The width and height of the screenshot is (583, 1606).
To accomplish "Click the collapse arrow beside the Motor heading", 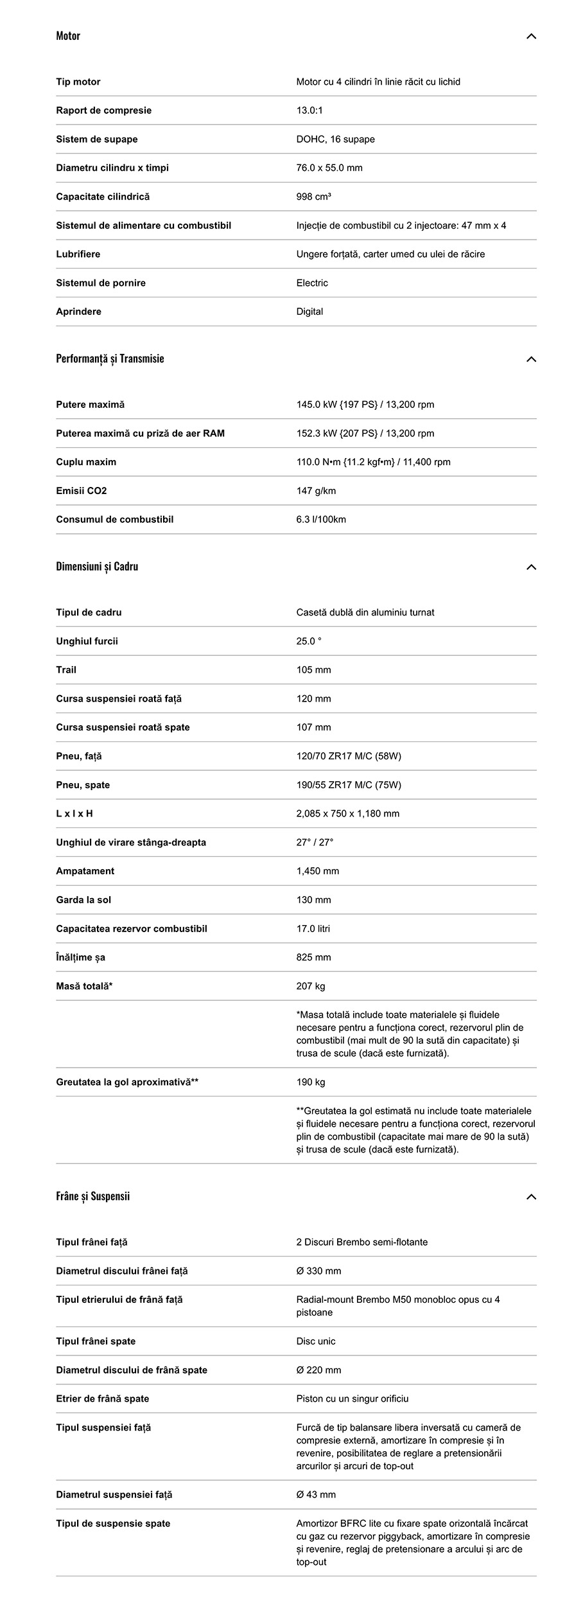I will [x=531, y=36].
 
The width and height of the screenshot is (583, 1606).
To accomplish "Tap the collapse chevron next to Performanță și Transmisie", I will [x=531, y=359].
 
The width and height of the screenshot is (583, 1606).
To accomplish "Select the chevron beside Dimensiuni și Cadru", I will [x=531, y=567].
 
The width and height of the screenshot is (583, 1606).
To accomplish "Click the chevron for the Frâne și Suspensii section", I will [x=531, y=1197].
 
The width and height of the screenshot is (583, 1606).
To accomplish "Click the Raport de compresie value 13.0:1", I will [x=309, y=110].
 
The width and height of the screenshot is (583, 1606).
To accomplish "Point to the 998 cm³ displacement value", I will [x=313, y=197].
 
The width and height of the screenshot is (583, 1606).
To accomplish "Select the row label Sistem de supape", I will [x=96, y=139].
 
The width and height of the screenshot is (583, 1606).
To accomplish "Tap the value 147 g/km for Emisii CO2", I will [x=316, y=491].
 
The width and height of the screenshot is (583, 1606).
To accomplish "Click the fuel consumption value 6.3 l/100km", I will [x=321, y=520].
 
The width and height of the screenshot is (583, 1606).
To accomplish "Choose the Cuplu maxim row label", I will [x=86, y=462].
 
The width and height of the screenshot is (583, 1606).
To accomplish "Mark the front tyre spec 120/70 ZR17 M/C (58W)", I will [x=349, y=756].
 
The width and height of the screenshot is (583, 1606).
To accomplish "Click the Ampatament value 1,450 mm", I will [x=318, y=871].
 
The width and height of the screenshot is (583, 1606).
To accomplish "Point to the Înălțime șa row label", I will [x=80, y=957].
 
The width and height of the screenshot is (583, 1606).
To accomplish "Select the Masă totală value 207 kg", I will [x=311, y=986].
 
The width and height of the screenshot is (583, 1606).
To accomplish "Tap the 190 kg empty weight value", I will [x=311, y=1082].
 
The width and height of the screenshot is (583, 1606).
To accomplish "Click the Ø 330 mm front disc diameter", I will [x=318, y=1271].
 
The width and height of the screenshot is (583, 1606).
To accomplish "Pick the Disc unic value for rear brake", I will [x=316, y=1341].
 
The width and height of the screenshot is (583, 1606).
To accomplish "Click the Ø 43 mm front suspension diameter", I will [x=316, y=1495].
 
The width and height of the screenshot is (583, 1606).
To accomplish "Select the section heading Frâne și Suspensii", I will [x=93, y=1196].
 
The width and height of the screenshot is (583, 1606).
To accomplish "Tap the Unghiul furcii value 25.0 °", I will [x=309, y=641].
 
